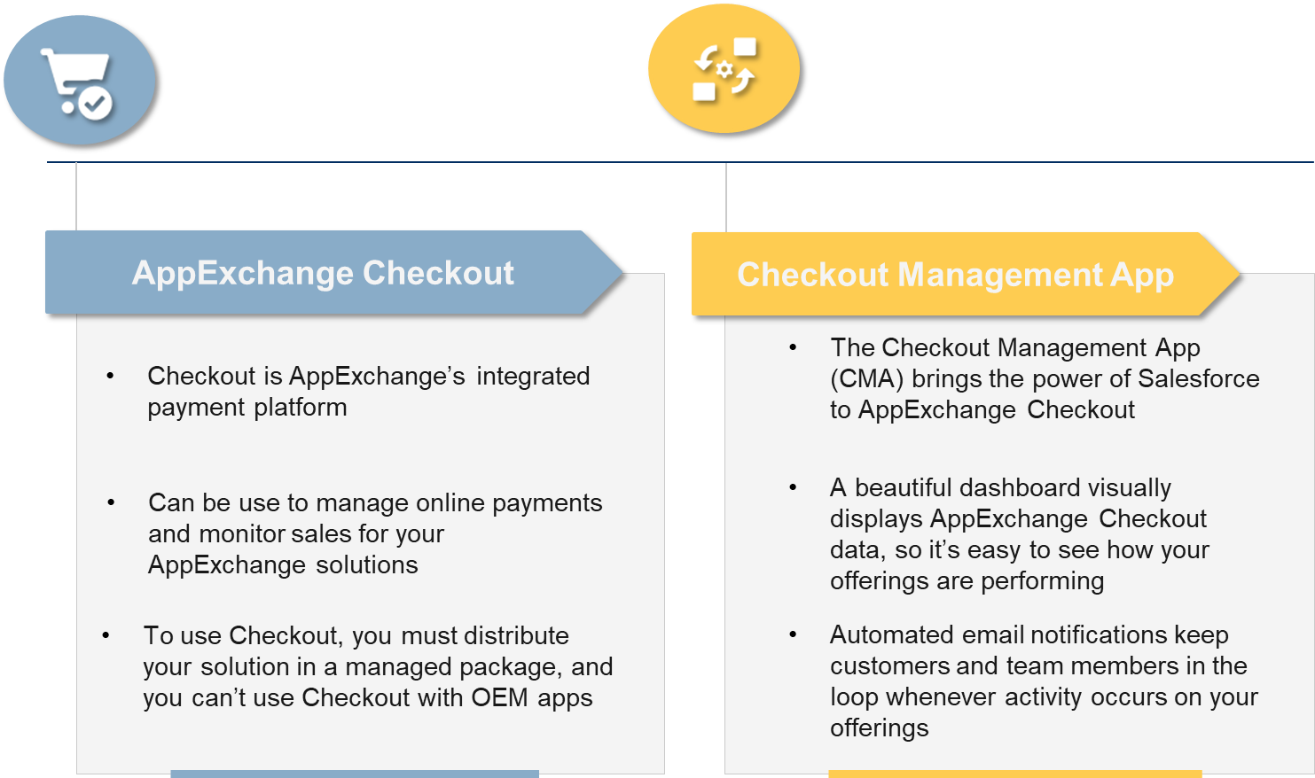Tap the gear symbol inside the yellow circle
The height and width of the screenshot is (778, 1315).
coord(724,70)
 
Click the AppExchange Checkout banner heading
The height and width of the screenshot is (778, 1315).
coord(323,273)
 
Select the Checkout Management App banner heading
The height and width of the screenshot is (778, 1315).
coord(955,275)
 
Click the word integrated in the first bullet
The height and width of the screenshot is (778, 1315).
coord(533,376)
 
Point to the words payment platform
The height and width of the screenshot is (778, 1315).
coord(247,408)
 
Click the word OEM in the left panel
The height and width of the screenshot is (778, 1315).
coord(499,697)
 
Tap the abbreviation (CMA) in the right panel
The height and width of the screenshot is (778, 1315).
coord(866,379)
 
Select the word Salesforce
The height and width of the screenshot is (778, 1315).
coord(1199,378)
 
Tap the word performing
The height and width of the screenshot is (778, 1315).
coord(1042,581)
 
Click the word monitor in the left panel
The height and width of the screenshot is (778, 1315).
coord(242,534)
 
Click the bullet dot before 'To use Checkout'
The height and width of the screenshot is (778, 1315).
coord(106,635)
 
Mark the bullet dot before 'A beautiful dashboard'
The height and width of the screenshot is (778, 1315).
coord(793,487)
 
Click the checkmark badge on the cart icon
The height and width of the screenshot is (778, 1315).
coord(95,104)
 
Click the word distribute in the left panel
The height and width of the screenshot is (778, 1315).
coord(517,636)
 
